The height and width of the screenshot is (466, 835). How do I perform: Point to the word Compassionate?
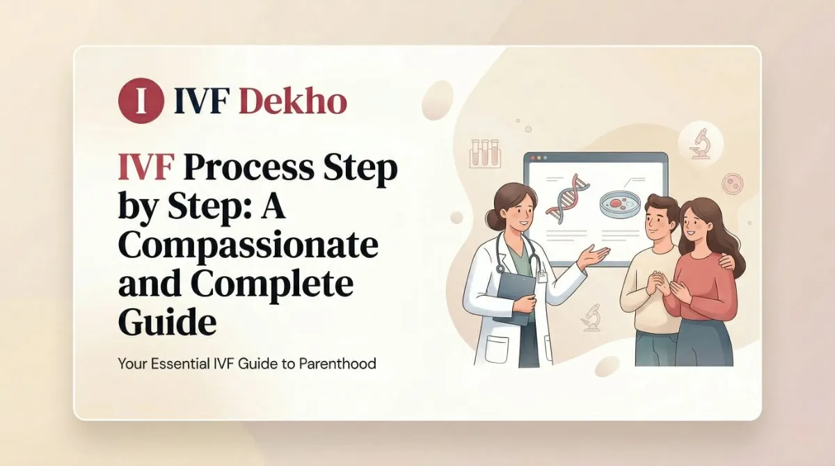(x=248, y=248)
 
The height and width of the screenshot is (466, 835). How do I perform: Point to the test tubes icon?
(x=486, y=152)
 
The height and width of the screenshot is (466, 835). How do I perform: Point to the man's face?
(x=657, y=223)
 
